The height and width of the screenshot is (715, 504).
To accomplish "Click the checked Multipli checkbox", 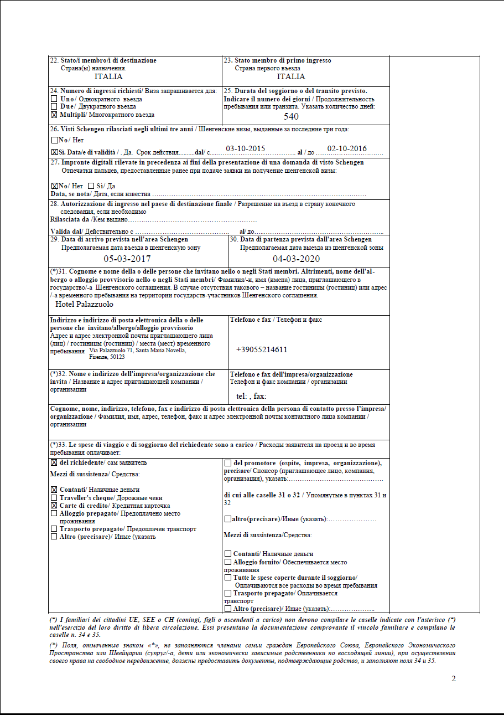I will point(54,115).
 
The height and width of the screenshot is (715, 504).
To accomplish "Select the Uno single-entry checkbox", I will point(54,99).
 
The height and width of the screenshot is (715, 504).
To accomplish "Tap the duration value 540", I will point(291,116).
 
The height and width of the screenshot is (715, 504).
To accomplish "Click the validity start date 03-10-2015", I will point(246,149).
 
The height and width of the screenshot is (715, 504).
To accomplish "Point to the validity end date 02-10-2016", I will point(347,149).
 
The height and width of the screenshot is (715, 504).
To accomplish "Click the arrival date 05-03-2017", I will point(127,259).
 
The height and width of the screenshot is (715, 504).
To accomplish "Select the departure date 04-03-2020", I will point(296,259).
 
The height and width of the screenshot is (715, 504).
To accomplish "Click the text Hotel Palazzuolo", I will point(85,304).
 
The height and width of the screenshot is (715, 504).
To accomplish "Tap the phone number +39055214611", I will point(262,350).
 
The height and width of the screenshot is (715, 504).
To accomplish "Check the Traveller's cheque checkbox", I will point(54,498).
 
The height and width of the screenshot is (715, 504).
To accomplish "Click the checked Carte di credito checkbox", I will point(54,506).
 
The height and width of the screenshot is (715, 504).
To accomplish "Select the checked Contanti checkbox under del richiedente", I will point(54,490).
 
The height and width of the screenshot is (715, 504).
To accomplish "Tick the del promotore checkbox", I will point(228,463).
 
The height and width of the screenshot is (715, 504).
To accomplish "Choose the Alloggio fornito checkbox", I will point(228,562).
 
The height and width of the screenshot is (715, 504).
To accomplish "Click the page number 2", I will point(454,679).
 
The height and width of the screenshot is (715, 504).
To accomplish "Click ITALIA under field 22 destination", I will point(108,77).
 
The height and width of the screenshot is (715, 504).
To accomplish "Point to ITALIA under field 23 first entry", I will point(291,77).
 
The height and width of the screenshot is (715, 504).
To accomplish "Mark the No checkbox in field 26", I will point(54,140).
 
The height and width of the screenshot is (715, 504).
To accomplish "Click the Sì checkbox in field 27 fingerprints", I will point(91,186).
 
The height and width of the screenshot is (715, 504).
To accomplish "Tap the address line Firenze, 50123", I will point(107,357).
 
